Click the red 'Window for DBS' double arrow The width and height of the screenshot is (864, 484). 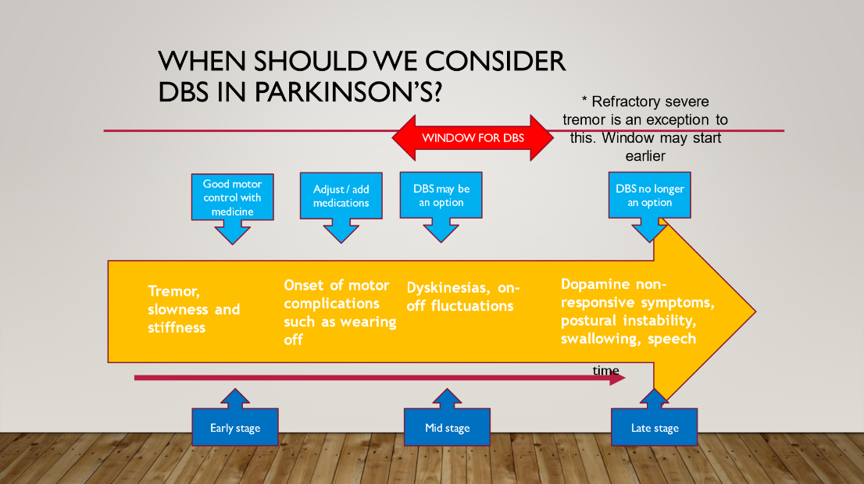(x=472, y=137)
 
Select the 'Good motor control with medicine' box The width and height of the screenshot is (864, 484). (x=233, y=198)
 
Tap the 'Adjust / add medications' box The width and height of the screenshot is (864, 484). (x=341, y=196)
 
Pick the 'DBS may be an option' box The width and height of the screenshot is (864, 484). (x=441, y=195)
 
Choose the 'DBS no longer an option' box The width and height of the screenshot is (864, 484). (x=650, y=195)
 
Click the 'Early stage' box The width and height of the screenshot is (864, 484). (x=235, y=427)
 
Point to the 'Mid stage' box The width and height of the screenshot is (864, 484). (x=447, y=427)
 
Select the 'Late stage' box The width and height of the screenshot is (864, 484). (x=655, y=427)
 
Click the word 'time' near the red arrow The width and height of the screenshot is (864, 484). (x=605, y=371)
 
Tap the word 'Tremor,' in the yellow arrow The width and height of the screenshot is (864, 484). (x=173, y=291)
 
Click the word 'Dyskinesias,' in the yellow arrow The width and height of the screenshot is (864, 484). (x=448, y=288)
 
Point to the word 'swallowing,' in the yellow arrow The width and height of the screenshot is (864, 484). (x=601, y=339)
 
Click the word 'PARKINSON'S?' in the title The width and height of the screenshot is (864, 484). (x=348, y=92)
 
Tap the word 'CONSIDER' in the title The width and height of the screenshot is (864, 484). (x=495, y=61)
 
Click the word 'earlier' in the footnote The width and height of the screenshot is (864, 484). (x=645, y=156)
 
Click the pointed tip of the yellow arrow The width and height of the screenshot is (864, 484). (x=755, y=311)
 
